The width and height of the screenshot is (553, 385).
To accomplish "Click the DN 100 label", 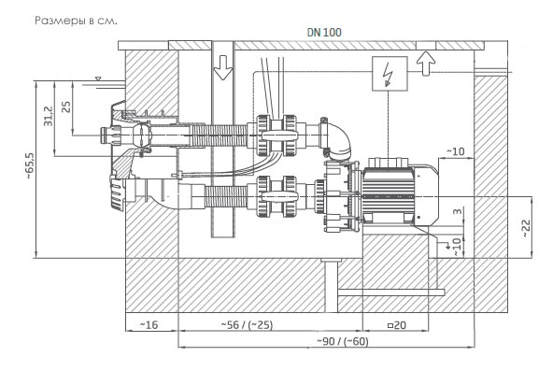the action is [x=324, y=33].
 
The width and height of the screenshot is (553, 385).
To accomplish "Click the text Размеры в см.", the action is [x=76, y=21].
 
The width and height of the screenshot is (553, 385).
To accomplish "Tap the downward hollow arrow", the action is [x=223, y=67].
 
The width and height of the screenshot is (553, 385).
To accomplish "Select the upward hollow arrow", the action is [x=426, y=64].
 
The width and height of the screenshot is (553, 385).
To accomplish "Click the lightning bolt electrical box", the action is [x=390, y=74].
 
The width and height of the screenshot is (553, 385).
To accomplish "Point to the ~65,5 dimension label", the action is [x=30, y=165].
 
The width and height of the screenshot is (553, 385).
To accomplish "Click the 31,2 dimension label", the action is [x=48, y=117].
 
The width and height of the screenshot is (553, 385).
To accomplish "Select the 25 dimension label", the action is [x=66, y=107].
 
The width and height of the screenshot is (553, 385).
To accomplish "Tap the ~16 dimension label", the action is [x=149, y=324].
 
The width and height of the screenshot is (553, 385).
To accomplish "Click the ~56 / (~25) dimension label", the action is [x=247, y=324].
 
